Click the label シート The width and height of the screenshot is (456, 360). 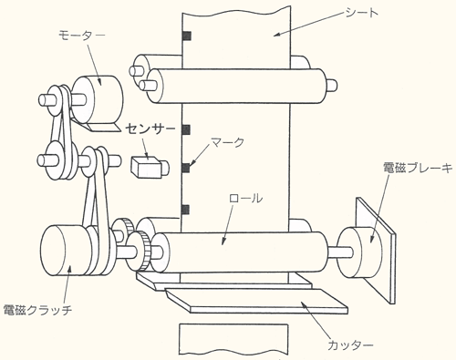coord(361,13)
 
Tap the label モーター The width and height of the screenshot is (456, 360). coord(81,35)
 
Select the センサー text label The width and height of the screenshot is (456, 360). coord(150,129)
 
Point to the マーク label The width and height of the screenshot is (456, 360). coord(228,142)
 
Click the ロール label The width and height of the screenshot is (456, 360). coord(245,198)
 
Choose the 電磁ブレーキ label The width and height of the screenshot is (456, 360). coord(418,168)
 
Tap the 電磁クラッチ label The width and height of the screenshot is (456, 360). coord(37,310)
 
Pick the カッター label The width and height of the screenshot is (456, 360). coord(350,345)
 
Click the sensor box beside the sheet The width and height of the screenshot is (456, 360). coord(150,166)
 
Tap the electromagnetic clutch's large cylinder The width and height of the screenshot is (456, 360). coord(64,250)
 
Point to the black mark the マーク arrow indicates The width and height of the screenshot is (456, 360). coord(186,168)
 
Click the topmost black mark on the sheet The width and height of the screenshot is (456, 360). coord(187,36)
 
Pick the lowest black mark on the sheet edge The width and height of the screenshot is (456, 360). coord(185,210)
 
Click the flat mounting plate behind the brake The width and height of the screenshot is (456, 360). coord(377,251)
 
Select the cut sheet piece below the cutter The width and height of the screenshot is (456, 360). coord(233,339)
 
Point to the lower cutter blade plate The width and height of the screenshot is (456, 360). coord(256,301)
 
